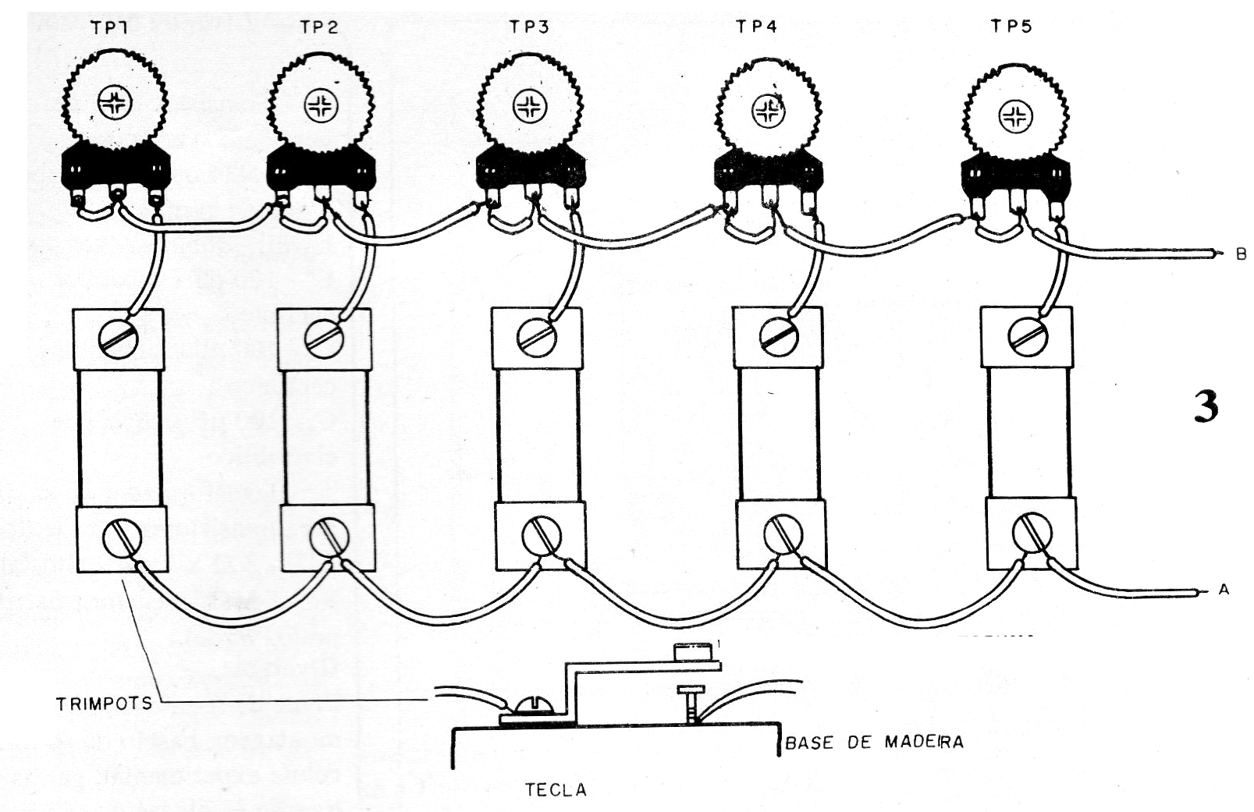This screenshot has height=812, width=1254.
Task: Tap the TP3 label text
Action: (529, 27)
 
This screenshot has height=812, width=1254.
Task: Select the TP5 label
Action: (1011, 27)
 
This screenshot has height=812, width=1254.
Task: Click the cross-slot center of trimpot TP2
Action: (319, 107)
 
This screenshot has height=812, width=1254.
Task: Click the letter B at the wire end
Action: (1241, 254)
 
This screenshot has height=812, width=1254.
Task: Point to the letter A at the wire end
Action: (1224, 590)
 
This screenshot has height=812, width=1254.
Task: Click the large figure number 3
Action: (1206, 406)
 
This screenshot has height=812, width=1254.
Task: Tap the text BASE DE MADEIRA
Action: (874, 742)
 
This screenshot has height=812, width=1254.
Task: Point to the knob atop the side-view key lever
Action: (693, 651)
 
